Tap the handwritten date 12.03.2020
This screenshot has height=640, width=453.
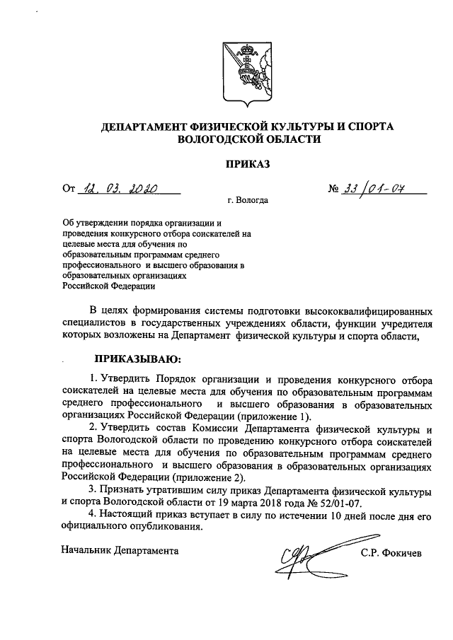tap(121, 189)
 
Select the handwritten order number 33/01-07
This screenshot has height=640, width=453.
tap(376, 189)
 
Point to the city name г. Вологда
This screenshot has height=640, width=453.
tap(248, 200)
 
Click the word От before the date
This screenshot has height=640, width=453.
tap(69, 189)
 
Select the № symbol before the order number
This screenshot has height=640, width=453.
tap(334, 190)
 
